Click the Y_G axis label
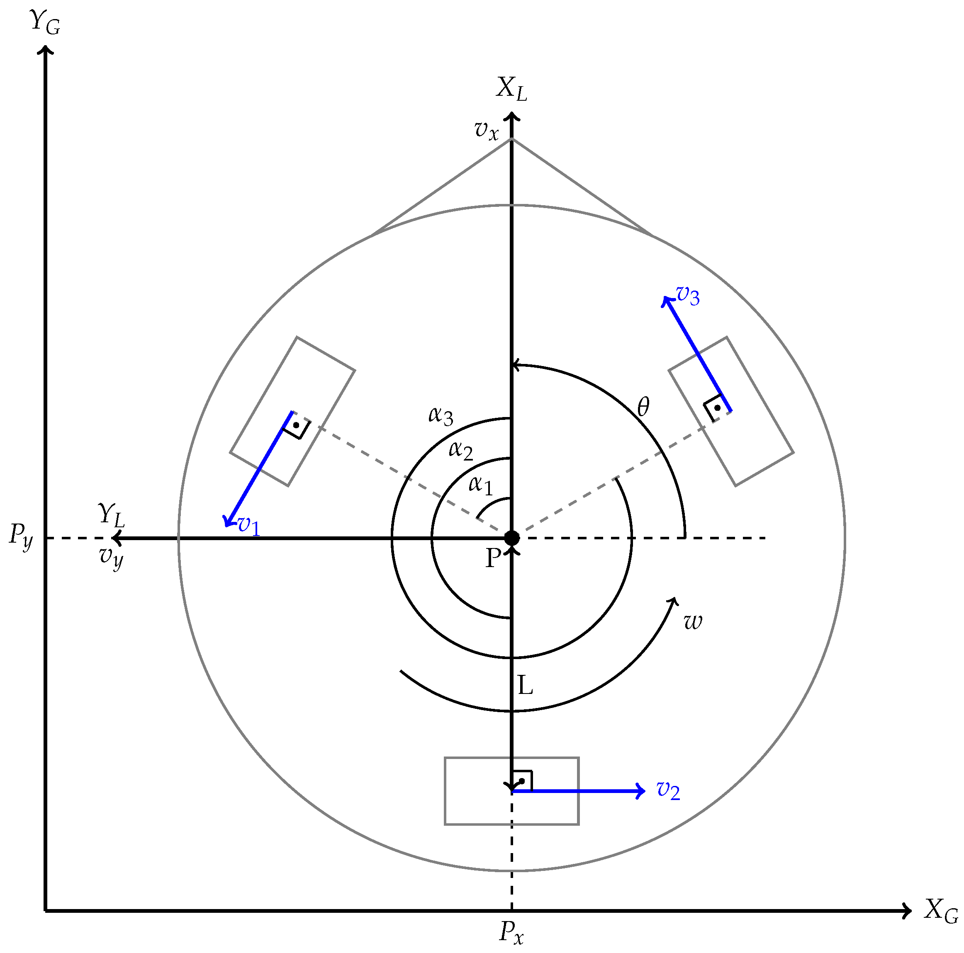coord(45,22)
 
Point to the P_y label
coord(21,536)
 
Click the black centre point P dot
coord(511,538)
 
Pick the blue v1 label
coord(248,525)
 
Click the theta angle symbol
coord(644,407)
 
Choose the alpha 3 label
coord(441,416)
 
